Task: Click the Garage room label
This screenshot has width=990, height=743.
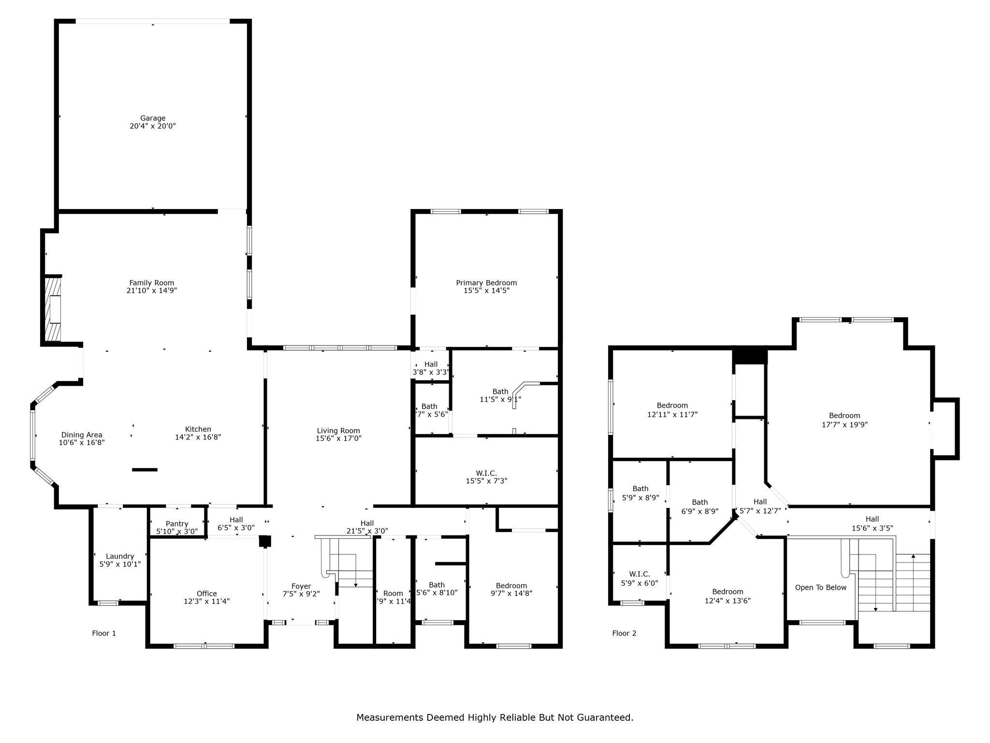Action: (153, 118)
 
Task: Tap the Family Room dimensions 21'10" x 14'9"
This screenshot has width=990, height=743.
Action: (152, 291)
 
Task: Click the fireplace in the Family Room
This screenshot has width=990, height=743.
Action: (54, 309)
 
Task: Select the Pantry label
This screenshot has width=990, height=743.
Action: (177, 524)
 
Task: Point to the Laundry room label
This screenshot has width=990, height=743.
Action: (120, 556)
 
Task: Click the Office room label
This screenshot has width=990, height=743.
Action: (206, 594)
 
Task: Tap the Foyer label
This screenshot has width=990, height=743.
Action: (301, 586)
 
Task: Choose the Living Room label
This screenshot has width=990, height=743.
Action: (338, 431)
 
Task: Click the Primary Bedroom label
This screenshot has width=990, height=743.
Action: (486, 282)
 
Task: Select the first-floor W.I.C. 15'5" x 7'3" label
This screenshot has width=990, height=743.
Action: (486, 476)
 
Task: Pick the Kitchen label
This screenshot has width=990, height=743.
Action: (198, 429)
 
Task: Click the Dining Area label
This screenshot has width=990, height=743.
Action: (82, 435)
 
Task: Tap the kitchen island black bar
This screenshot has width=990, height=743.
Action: (145, 470)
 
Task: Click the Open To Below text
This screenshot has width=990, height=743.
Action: (821, 587)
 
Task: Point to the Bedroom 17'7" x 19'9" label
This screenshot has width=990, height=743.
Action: (844, 420)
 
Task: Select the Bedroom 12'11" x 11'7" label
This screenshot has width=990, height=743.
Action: (672, 410)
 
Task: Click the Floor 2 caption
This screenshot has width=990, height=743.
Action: (624, 633)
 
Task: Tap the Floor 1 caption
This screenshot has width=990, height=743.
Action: (104, 633)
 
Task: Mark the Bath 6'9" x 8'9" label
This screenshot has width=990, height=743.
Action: (699, 506)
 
